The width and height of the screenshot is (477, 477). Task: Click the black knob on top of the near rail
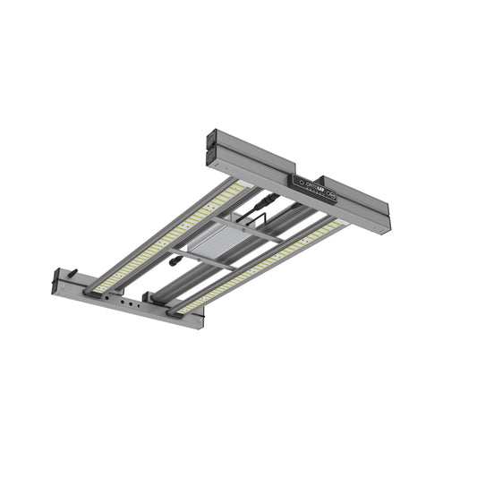pos(74,274)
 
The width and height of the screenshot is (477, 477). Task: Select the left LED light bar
pos(170,236)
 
